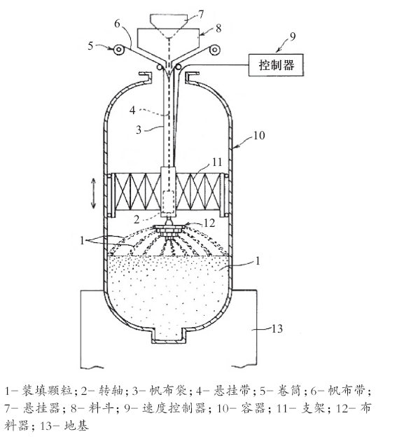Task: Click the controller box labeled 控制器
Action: [x=276, y=65]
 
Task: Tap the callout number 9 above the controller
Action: [x=292, y=36]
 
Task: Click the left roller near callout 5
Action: [x=119, y=50]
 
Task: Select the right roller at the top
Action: [x=214, y=50]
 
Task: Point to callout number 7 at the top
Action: [x=201, y=14]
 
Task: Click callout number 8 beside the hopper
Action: [x=218, y=28]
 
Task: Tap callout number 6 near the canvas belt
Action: [x=117, y=24]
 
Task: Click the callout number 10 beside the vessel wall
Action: [x=259, y=136]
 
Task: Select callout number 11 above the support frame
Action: [x=217, y=162]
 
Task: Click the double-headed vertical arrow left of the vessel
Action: [x=94, y=193]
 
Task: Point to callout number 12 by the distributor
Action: [x=209, y=223]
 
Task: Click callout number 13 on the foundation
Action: [x=277, y=328]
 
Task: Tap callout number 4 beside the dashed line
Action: [x=132, y=110]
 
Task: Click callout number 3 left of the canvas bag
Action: [x=139, y=130]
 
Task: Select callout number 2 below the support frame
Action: [x=137, y=220]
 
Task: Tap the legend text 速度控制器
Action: [x=174, y=408]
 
